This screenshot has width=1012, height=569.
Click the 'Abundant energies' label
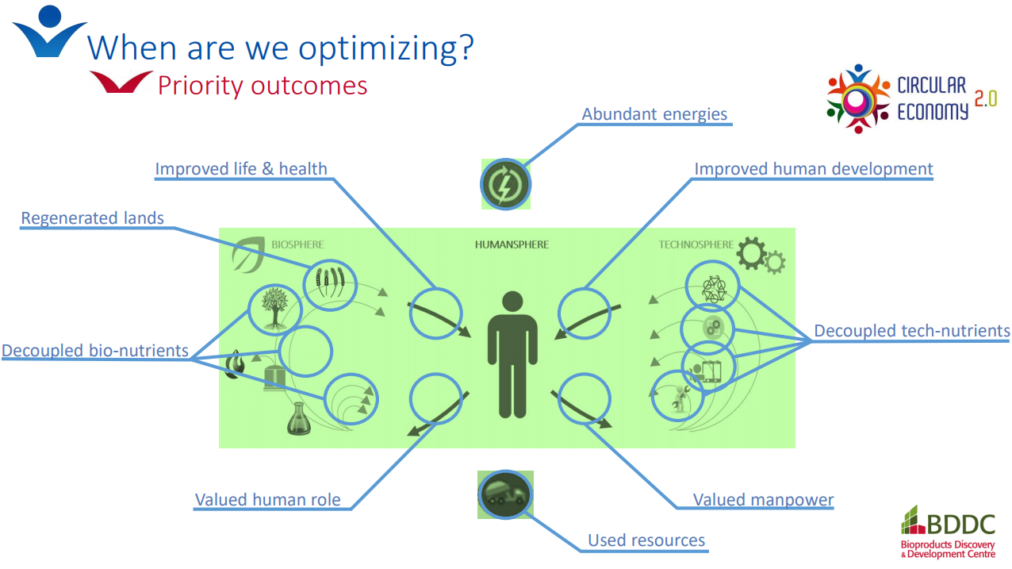click(x=654, y=114)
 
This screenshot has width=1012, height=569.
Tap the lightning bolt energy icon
click(x=505, y=184)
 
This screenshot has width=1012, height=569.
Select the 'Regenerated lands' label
click(x=92, y=217)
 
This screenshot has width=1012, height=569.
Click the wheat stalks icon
click(x=330, y=283)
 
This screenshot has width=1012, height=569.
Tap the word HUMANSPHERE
click(x=512, y=244)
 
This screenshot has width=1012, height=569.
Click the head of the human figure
click(x=512, y=302)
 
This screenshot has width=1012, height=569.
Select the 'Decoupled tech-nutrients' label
click(x=912, y=330)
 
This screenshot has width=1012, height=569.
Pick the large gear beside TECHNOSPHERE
click(x=752, y=253)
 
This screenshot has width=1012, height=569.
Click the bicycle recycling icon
click(x=713, y=289)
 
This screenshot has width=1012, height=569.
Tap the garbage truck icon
click(x=505, y=494)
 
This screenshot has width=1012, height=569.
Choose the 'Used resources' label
click(x=646, y=540)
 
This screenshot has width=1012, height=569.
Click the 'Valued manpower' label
click(x=763, y=499)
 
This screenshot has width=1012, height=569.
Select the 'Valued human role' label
click(x=267, y=499)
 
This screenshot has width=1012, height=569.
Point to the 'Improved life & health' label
click(x=241, y=168)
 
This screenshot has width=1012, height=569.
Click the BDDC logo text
click(x=960, y=525)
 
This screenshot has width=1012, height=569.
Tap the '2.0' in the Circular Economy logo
click(x=985, y=98)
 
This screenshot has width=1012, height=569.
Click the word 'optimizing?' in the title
click(x=386, y=48)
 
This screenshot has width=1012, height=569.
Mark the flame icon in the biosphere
click(x=236, y=363)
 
